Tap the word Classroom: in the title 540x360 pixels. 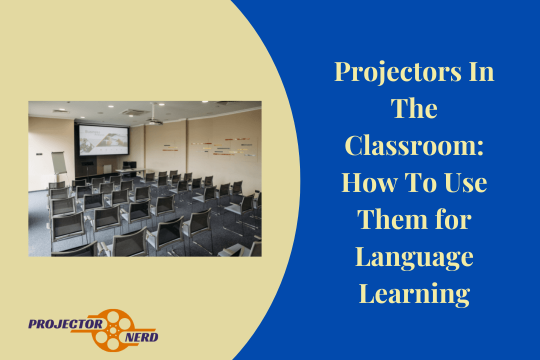(x=414, y=145)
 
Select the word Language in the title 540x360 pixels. (x=414, y=257)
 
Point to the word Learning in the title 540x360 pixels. (x=414, y=294)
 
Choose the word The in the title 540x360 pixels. (x=414, y=108)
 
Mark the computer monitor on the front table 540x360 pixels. (x=126, y=164)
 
